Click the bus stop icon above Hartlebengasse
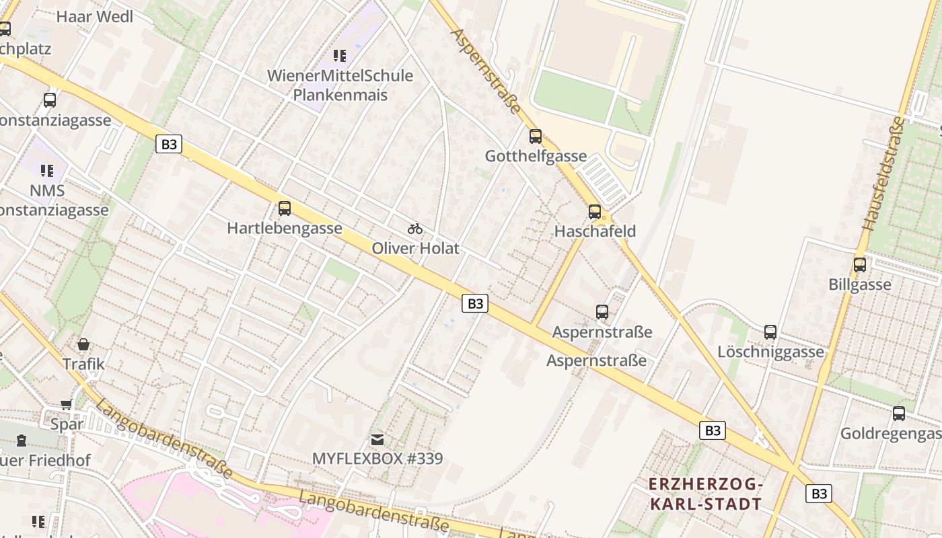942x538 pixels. (285, 208)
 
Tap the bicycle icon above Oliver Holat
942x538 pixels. (415, 229)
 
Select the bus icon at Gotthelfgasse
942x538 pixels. (536, 137)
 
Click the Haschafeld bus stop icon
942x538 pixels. (595, 212)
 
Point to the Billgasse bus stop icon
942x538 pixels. (860, 265)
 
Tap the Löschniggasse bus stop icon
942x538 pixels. (770, 332)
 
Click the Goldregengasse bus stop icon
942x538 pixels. (899, 414)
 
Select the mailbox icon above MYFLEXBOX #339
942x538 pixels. (377, 440)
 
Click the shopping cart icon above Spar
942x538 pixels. (67, 404)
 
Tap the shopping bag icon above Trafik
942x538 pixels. (83, 344)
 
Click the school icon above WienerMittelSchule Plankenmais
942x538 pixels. (340, 56)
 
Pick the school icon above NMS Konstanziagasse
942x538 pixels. (46, 171)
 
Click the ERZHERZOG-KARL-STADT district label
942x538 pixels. (706, 494)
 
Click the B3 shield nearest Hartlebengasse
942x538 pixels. (169, 144)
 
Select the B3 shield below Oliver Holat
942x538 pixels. (475, 303)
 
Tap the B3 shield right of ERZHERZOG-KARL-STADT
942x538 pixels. (819, 494)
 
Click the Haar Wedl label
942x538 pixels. (95, 17)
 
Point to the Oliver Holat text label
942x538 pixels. (416, 248)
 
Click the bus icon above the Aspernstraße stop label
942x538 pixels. (602, 312)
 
